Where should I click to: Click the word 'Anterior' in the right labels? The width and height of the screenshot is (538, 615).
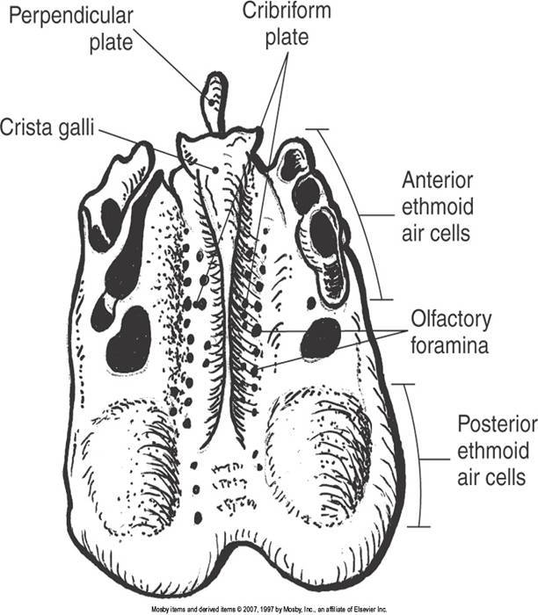click(437, 180)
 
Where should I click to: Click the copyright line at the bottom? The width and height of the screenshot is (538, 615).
click(269, 608)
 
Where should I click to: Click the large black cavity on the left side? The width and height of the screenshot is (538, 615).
click(128, 338)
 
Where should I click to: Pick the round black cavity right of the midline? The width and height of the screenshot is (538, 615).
click(320, 338)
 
